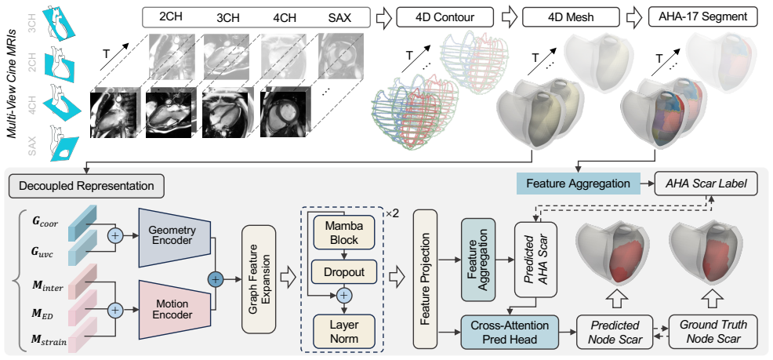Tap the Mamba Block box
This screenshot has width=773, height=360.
tap(343, 233)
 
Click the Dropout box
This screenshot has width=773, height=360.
tap(343, 271)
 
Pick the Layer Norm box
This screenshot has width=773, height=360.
tap(343, 332)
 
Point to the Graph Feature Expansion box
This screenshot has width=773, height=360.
tap(259, 279)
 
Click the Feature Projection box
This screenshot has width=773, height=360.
tap(426, 279)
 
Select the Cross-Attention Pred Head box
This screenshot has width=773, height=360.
tap(510, 333)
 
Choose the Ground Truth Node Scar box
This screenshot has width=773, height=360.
tap(713, 333)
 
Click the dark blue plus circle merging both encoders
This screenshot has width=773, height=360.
tap(216, 280)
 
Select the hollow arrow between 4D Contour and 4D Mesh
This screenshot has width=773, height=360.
tap(508, 18)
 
